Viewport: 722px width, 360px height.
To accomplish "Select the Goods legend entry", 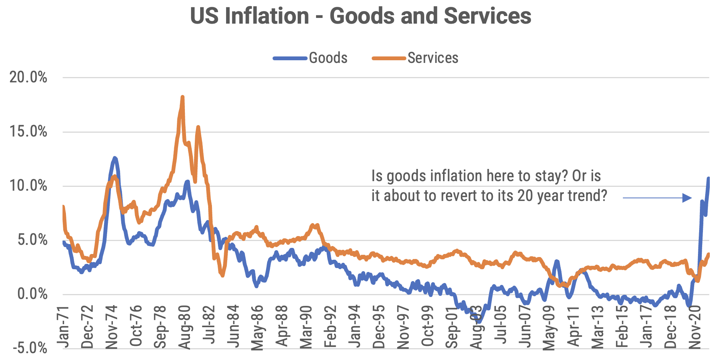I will pos(328,58).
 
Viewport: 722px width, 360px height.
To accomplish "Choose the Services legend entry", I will pos(433,58).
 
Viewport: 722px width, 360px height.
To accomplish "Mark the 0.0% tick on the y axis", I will pos(32,294).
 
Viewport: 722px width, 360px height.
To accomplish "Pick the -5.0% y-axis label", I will pos(30,348).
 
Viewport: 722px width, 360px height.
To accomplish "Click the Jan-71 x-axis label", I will pos(63,327).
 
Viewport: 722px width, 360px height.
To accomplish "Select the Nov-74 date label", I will pos(112,327).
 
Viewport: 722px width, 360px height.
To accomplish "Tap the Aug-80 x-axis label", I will pos(185,327).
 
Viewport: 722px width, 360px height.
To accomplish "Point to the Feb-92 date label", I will pos(331,327).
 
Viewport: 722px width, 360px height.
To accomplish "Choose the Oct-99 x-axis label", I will pos(428,327).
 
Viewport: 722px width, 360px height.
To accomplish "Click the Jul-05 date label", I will pos(501,327).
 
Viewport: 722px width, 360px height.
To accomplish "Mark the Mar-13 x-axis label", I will pos(598,327).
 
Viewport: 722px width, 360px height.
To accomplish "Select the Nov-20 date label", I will pos(695,327).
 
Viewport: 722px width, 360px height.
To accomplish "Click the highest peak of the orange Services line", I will pos(182,97).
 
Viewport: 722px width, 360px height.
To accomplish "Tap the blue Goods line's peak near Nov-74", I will pos(114,157).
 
